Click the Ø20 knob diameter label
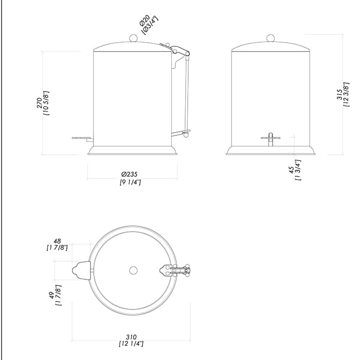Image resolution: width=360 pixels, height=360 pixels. [145, 21]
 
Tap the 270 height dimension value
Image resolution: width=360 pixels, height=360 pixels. [40, 103]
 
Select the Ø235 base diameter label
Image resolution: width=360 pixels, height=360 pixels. [130, 174]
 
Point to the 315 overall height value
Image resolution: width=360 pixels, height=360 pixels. [339, 94]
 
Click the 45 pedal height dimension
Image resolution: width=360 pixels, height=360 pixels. [291, 170]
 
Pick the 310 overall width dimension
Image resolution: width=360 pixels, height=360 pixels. [131, 337]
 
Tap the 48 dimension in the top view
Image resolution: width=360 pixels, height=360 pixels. [57, 241]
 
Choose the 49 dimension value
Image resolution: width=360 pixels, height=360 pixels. [52, 295]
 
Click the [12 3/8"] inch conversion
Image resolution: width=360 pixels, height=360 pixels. [346, 94]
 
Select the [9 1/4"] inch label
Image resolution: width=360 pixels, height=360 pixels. [130, 182]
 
